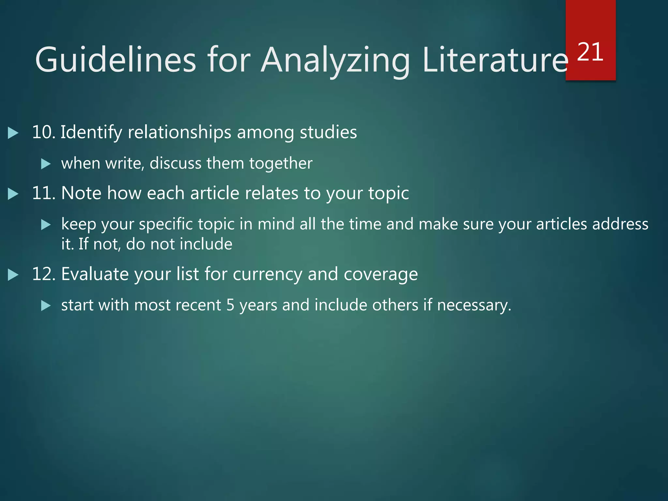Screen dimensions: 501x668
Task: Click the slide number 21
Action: tap(590, 52)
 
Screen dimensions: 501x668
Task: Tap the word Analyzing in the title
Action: tap(335, 60)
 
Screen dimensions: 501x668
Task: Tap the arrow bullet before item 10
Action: tap(13, 133)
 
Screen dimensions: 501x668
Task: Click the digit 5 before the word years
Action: tap(230, 305)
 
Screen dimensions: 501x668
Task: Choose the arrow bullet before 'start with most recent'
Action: tap(46, 306)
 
